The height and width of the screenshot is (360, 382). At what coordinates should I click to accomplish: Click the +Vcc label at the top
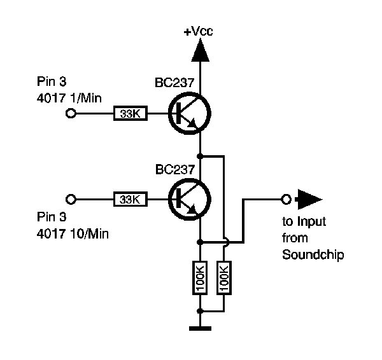point(199,31)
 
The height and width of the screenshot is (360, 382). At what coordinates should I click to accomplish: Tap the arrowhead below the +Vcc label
point(200,50)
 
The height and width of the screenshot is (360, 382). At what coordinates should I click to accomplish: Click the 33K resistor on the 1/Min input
point(131,114)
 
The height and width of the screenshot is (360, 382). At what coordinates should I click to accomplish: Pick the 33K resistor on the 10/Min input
point(131,200)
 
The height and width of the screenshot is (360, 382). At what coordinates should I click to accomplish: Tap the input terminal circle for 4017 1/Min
point(71,114)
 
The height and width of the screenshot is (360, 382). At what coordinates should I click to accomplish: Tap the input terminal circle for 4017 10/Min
point(71,200)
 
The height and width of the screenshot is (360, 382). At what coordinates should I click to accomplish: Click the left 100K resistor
point(201,277)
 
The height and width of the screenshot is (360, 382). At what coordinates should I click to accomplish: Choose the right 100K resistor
point(224,277)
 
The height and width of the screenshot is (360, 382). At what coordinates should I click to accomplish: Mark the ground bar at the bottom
point(201,329)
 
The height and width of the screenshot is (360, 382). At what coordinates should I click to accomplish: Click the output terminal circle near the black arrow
point(286,200)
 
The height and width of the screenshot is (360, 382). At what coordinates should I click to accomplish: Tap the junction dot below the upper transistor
point(201,155)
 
